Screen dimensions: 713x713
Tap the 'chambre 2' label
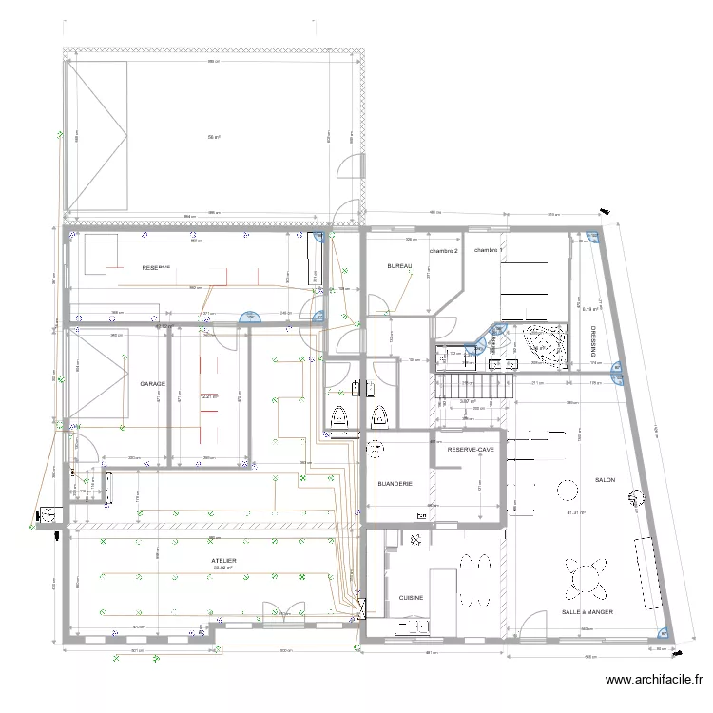[x=443, y=251]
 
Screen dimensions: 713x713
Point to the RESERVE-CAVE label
[x=471, y=449]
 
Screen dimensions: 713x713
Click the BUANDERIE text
[x=395, y=484]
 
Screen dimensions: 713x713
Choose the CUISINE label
[x=411, y=598]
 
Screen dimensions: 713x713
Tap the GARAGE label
[x=152, y=384]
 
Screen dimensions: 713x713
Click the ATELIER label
[x=224, y=561]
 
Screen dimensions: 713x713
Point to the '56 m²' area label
[x=214, y=137]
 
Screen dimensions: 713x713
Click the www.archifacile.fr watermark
[x=654, y=680]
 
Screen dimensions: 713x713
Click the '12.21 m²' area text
[x=209, y=396]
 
